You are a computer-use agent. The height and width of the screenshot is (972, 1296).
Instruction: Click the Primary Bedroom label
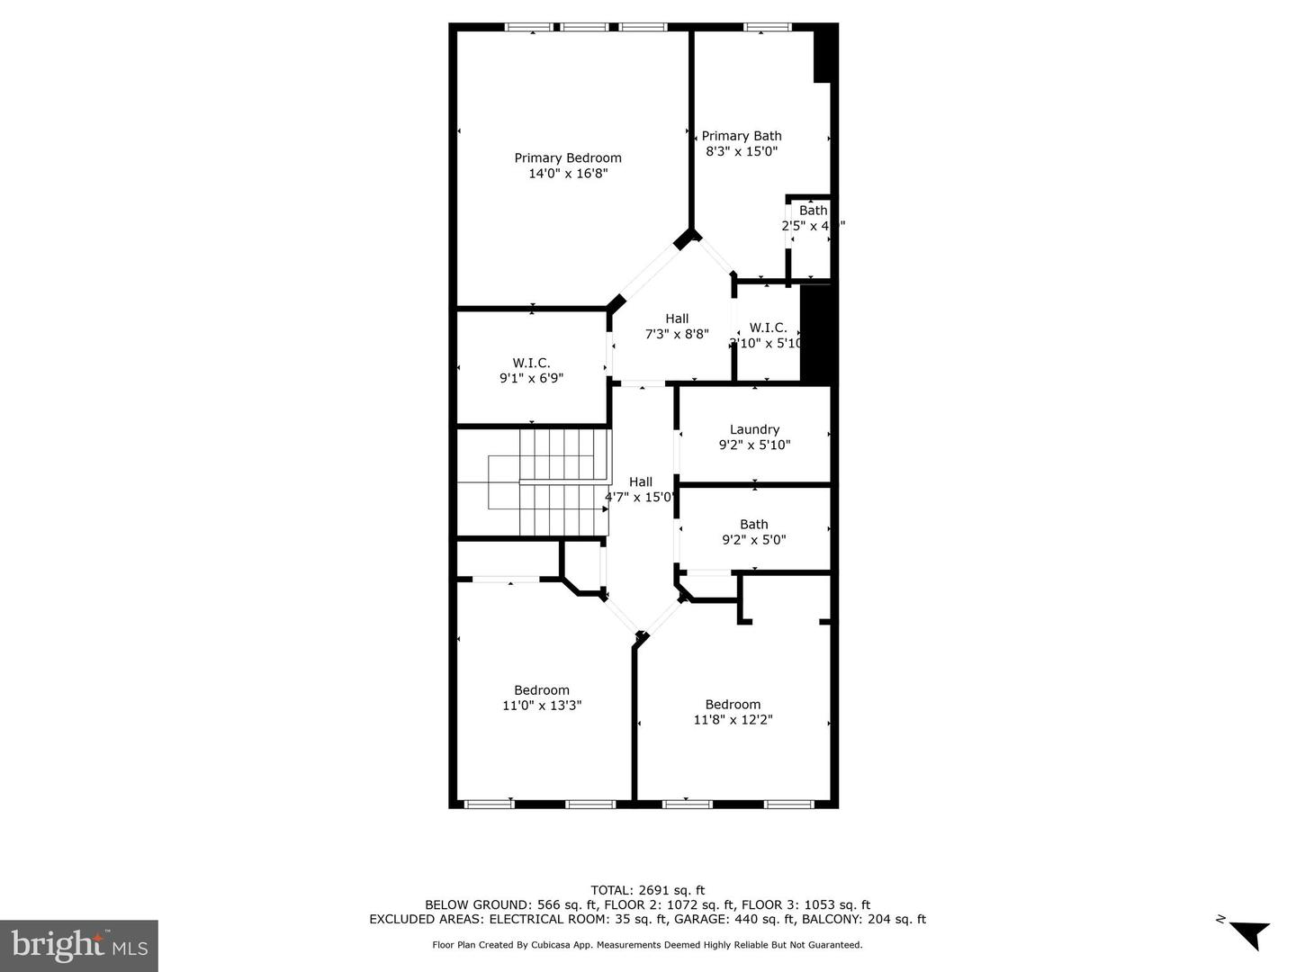[x=568, y=157]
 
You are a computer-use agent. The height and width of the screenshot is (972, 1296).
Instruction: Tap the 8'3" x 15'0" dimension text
[x=742, y=151]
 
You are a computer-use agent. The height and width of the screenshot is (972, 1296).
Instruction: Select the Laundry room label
[x=754, y=429]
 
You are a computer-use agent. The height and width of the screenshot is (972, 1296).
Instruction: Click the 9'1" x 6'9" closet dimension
[x=531, y=378]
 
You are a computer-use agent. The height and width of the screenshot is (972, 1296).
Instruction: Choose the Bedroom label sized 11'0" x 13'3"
[x=542, y=690]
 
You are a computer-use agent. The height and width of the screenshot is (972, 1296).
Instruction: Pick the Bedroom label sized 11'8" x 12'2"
[x=733, y=705]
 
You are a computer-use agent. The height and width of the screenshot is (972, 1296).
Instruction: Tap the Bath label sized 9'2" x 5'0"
[x=754, y=525]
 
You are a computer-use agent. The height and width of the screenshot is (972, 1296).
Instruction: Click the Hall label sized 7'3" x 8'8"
[x=677, y=319]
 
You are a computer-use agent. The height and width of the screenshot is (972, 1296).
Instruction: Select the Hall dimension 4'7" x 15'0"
[x=640, y=497]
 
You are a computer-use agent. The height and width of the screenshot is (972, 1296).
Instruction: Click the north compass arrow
[x=1247, y=933]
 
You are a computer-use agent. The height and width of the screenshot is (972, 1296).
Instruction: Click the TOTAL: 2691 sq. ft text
[x=647, y=890]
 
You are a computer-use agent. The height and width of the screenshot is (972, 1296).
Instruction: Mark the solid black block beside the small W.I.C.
[x=818, y=333]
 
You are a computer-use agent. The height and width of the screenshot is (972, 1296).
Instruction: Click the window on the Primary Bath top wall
[x=767, y=27]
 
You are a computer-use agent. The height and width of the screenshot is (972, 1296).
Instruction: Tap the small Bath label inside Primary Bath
[x=813, y=211]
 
